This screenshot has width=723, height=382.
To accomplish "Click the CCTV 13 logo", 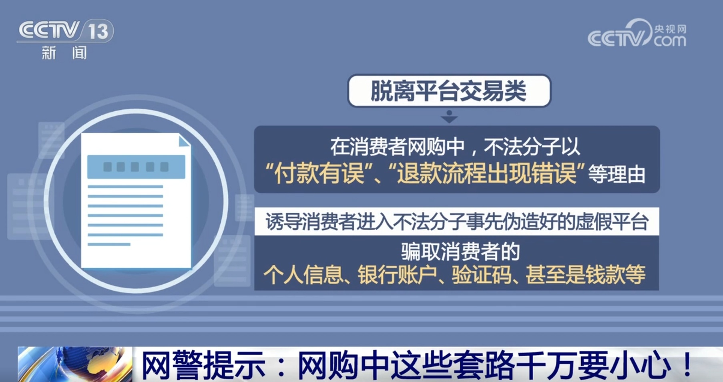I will [65, 31].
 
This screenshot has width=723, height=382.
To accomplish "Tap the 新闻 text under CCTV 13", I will [64, 53].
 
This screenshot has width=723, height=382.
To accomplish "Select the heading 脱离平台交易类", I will [448, 91].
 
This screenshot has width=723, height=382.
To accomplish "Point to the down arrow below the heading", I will [449, 117].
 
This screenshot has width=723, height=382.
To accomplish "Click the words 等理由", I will [617, 175].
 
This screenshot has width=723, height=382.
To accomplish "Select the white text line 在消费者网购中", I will [397, 147].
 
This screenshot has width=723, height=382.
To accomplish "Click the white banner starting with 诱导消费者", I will [456, 221].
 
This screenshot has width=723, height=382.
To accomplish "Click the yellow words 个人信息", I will [303, 275].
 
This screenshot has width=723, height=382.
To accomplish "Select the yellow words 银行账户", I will [397, 275].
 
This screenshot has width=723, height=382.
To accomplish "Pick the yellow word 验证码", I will [482, 275].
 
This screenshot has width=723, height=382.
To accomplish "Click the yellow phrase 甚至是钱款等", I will [585, 275].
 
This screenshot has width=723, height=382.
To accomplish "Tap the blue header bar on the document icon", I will [136, 167].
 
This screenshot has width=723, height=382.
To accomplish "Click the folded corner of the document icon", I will [184, 141].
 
